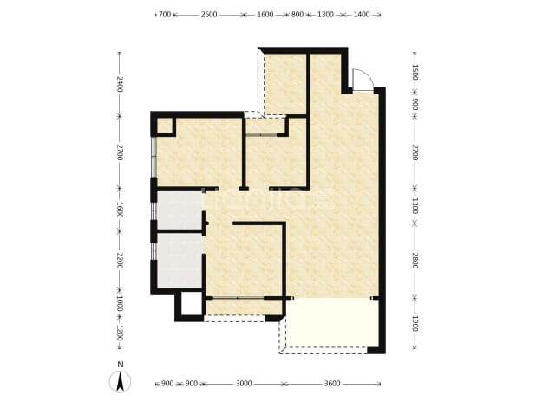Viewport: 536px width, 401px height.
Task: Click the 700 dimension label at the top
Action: click(x=165, y=15)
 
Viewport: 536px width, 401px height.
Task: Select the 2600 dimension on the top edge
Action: click(x=209, y=15)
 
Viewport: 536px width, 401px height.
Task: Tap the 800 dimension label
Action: click(x=297, y=15)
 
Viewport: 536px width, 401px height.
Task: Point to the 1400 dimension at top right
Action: click(x=362, y=15)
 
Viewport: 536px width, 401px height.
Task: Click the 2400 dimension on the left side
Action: click(x=120, y=84)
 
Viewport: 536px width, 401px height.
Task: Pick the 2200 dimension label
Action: click(x=120, y=261)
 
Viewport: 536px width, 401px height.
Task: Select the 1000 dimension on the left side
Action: click(x=120, y=304)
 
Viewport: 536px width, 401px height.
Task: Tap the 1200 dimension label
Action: click(x=120, y=333)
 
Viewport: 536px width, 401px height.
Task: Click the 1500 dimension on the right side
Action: click(x=415, y=72)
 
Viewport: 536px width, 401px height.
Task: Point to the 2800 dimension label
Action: click(x=415, y=261)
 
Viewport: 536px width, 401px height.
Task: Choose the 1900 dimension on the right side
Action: click(x=415, y=324)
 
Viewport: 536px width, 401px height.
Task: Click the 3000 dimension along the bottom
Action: click(x=244, y=384)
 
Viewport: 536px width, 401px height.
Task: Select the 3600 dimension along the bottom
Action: click(x=332, y=384)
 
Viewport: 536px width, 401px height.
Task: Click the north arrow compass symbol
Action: click(x=120, y=382)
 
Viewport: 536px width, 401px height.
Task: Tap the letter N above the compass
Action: click(x=120, y=365)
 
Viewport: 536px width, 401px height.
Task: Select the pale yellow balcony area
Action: click(x=332, y=323)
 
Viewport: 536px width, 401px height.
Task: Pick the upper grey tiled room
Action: click(x=180, y=210)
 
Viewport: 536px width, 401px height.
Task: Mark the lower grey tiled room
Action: click(x=180, y=261)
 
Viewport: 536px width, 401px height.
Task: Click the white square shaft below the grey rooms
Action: click(x=191, y=303)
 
